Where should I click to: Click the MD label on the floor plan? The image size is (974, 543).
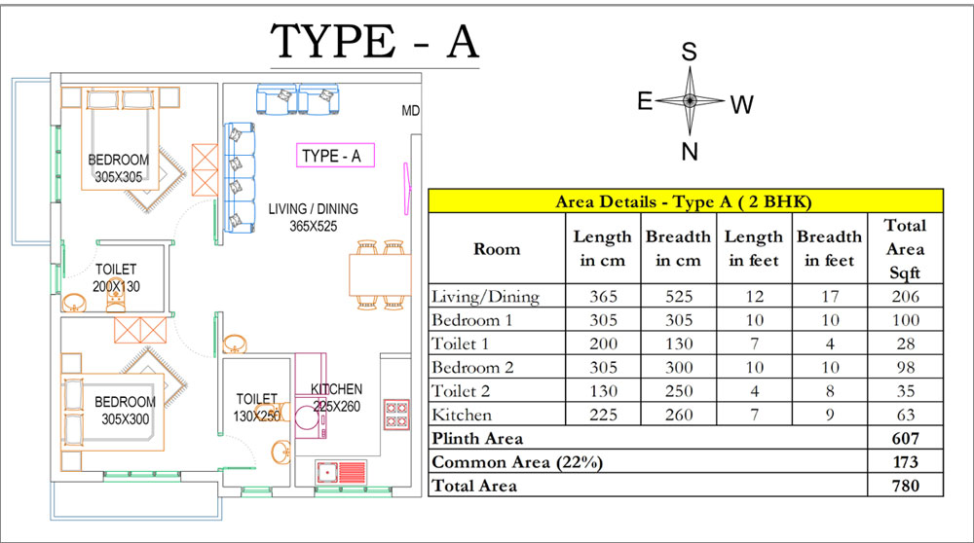(x=411, y=111)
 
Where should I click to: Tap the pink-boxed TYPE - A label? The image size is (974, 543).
(x=335, y=155)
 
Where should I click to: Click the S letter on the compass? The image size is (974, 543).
(x=689, y=52)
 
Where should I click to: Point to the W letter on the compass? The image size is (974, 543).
(x=741, y=105)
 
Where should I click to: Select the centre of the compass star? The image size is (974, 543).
(x=690, y=100)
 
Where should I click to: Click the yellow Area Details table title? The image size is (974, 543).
(x=684, y=201)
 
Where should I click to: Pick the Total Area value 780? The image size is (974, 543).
(x=905, y=486)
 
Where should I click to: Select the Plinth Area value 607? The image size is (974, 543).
(x=905, y=438)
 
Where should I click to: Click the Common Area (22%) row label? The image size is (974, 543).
(x=517, y=462)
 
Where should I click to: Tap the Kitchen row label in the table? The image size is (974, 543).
(x=462, y=415)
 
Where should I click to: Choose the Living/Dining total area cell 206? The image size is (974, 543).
(x=905, y=297)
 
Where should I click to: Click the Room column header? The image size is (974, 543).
(x=497, y=249)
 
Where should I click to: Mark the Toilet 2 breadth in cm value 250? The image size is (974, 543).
(x=678, y=391)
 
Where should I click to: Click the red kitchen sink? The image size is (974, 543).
(x=340, y=472)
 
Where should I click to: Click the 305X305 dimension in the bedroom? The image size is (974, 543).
(x=118, y=177)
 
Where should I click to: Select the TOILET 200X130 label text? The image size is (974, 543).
(x=116, y=278)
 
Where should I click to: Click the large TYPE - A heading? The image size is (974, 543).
(x=375, y=42)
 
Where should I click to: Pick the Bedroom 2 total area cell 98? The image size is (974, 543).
(x=905, y=368)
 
